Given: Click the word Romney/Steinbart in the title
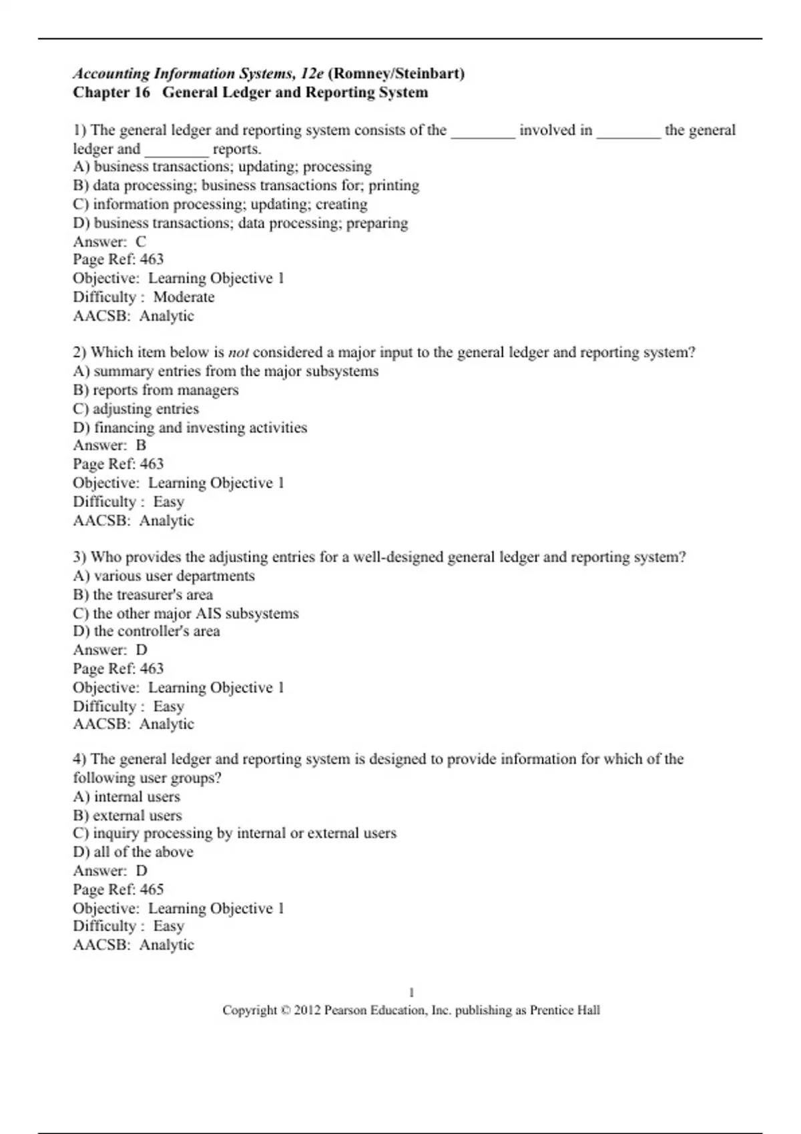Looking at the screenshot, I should click(396, 73).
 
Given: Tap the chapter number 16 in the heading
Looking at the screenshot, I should click(142, 92).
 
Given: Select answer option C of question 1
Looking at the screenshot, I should click(220, 204).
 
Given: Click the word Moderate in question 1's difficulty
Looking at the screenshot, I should click(184, 297).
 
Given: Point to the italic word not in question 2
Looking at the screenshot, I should click(238, 352).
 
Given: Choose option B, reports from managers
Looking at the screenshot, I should click(156, 390).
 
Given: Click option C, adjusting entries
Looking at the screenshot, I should click(136, 409).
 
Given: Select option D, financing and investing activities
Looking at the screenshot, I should click(190, 428).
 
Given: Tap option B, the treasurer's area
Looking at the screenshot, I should click(143, 594).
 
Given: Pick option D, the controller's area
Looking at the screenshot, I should click(146, 631).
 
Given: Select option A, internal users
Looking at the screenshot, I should click(127, 796).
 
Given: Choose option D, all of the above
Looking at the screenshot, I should click(133, 852).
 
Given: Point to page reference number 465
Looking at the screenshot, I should click(152, 889).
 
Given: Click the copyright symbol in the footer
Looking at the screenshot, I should click(285, 1011).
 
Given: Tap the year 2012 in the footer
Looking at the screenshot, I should click(307, 1011).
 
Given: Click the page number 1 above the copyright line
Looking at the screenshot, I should click(412, 993).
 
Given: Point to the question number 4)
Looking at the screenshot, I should click(80, 759).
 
